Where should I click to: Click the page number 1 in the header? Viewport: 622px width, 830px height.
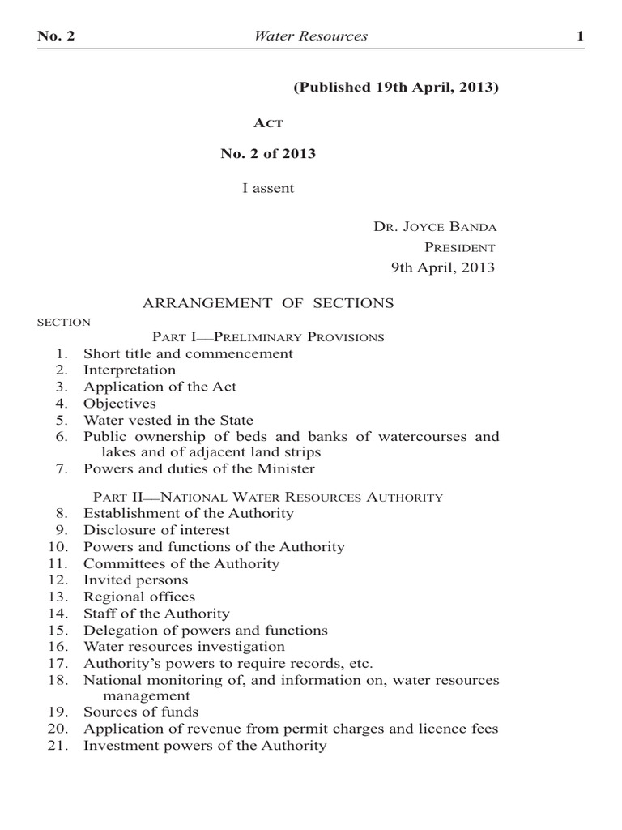580,36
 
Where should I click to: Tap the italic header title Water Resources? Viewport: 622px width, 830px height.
311,36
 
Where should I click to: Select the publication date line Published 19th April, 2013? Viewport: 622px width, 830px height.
395,87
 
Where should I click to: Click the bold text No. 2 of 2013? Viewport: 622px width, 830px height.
268,154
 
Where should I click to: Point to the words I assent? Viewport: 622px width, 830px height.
268,188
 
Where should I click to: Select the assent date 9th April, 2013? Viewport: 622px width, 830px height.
443,268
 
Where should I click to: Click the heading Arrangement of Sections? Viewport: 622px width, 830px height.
268,303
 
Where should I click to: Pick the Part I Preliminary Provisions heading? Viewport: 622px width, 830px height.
268,336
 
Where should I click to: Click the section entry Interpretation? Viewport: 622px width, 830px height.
130,370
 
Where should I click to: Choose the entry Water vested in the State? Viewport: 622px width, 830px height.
168,420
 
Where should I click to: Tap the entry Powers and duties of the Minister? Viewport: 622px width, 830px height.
199,468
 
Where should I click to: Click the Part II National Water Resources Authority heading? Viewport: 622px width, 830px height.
268,497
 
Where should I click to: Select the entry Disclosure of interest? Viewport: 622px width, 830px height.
156,530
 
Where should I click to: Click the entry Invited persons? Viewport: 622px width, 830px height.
135,580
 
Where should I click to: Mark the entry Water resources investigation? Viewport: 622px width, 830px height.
184,646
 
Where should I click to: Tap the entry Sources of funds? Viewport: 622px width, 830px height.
141,712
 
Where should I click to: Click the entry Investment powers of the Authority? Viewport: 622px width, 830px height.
205,745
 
